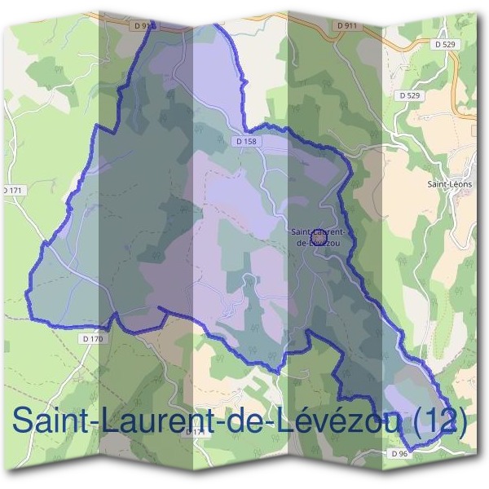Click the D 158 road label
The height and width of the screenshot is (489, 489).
(244, 142)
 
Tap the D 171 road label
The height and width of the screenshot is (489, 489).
(14, 190)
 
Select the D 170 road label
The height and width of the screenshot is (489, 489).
(94, 337)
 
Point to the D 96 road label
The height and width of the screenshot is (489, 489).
(399, 453)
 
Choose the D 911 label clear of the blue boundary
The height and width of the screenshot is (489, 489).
(346, 26)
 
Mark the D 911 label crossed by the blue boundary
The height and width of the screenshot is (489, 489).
(144, 26)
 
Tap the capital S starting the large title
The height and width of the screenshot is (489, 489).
(24, 421)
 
